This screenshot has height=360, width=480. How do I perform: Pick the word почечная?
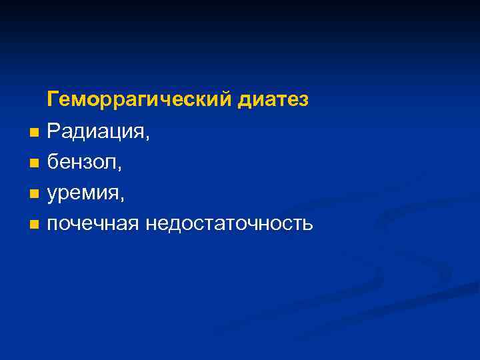(x=92, y=224)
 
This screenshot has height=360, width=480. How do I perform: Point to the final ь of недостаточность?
(x=307, y=225)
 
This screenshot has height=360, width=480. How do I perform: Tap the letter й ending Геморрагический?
(x=227, y=100)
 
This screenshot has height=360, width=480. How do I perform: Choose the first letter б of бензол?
(x=51, y=163)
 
